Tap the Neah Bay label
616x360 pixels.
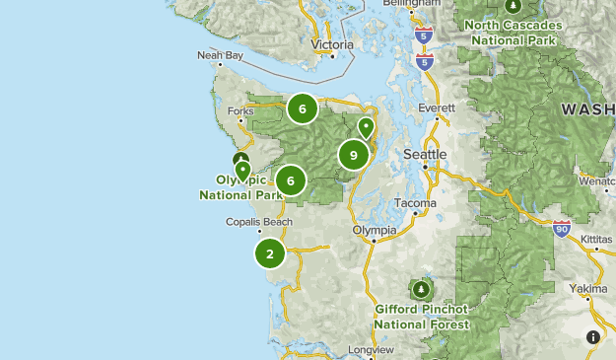tap(219, 56)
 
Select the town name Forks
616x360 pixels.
tap(240, 111)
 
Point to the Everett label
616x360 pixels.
tap(437, 108)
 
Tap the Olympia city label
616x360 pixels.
tap(375, 230)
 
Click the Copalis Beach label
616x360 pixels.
tap(259, 222)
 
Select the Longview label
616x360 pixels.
tap(372, 350)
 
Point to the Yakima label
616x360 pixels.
tap(588, 288)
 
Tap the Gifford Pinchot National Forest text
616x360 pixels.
tap(422, 316)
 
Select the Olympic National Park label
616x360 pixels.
tap(241, 187)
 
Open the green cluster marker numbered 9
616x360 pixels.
tap(354, 155)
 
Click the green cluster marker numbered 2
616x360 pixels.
tap(270, 253)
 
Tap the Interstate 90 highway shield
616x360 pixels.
tap(562, 229)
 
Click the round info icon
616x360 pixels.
tap(593, 337)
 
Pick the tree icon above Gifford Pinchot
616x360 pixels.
tap(422, 289)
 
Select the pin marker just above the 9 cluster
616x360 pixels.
tap(366, 126)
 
